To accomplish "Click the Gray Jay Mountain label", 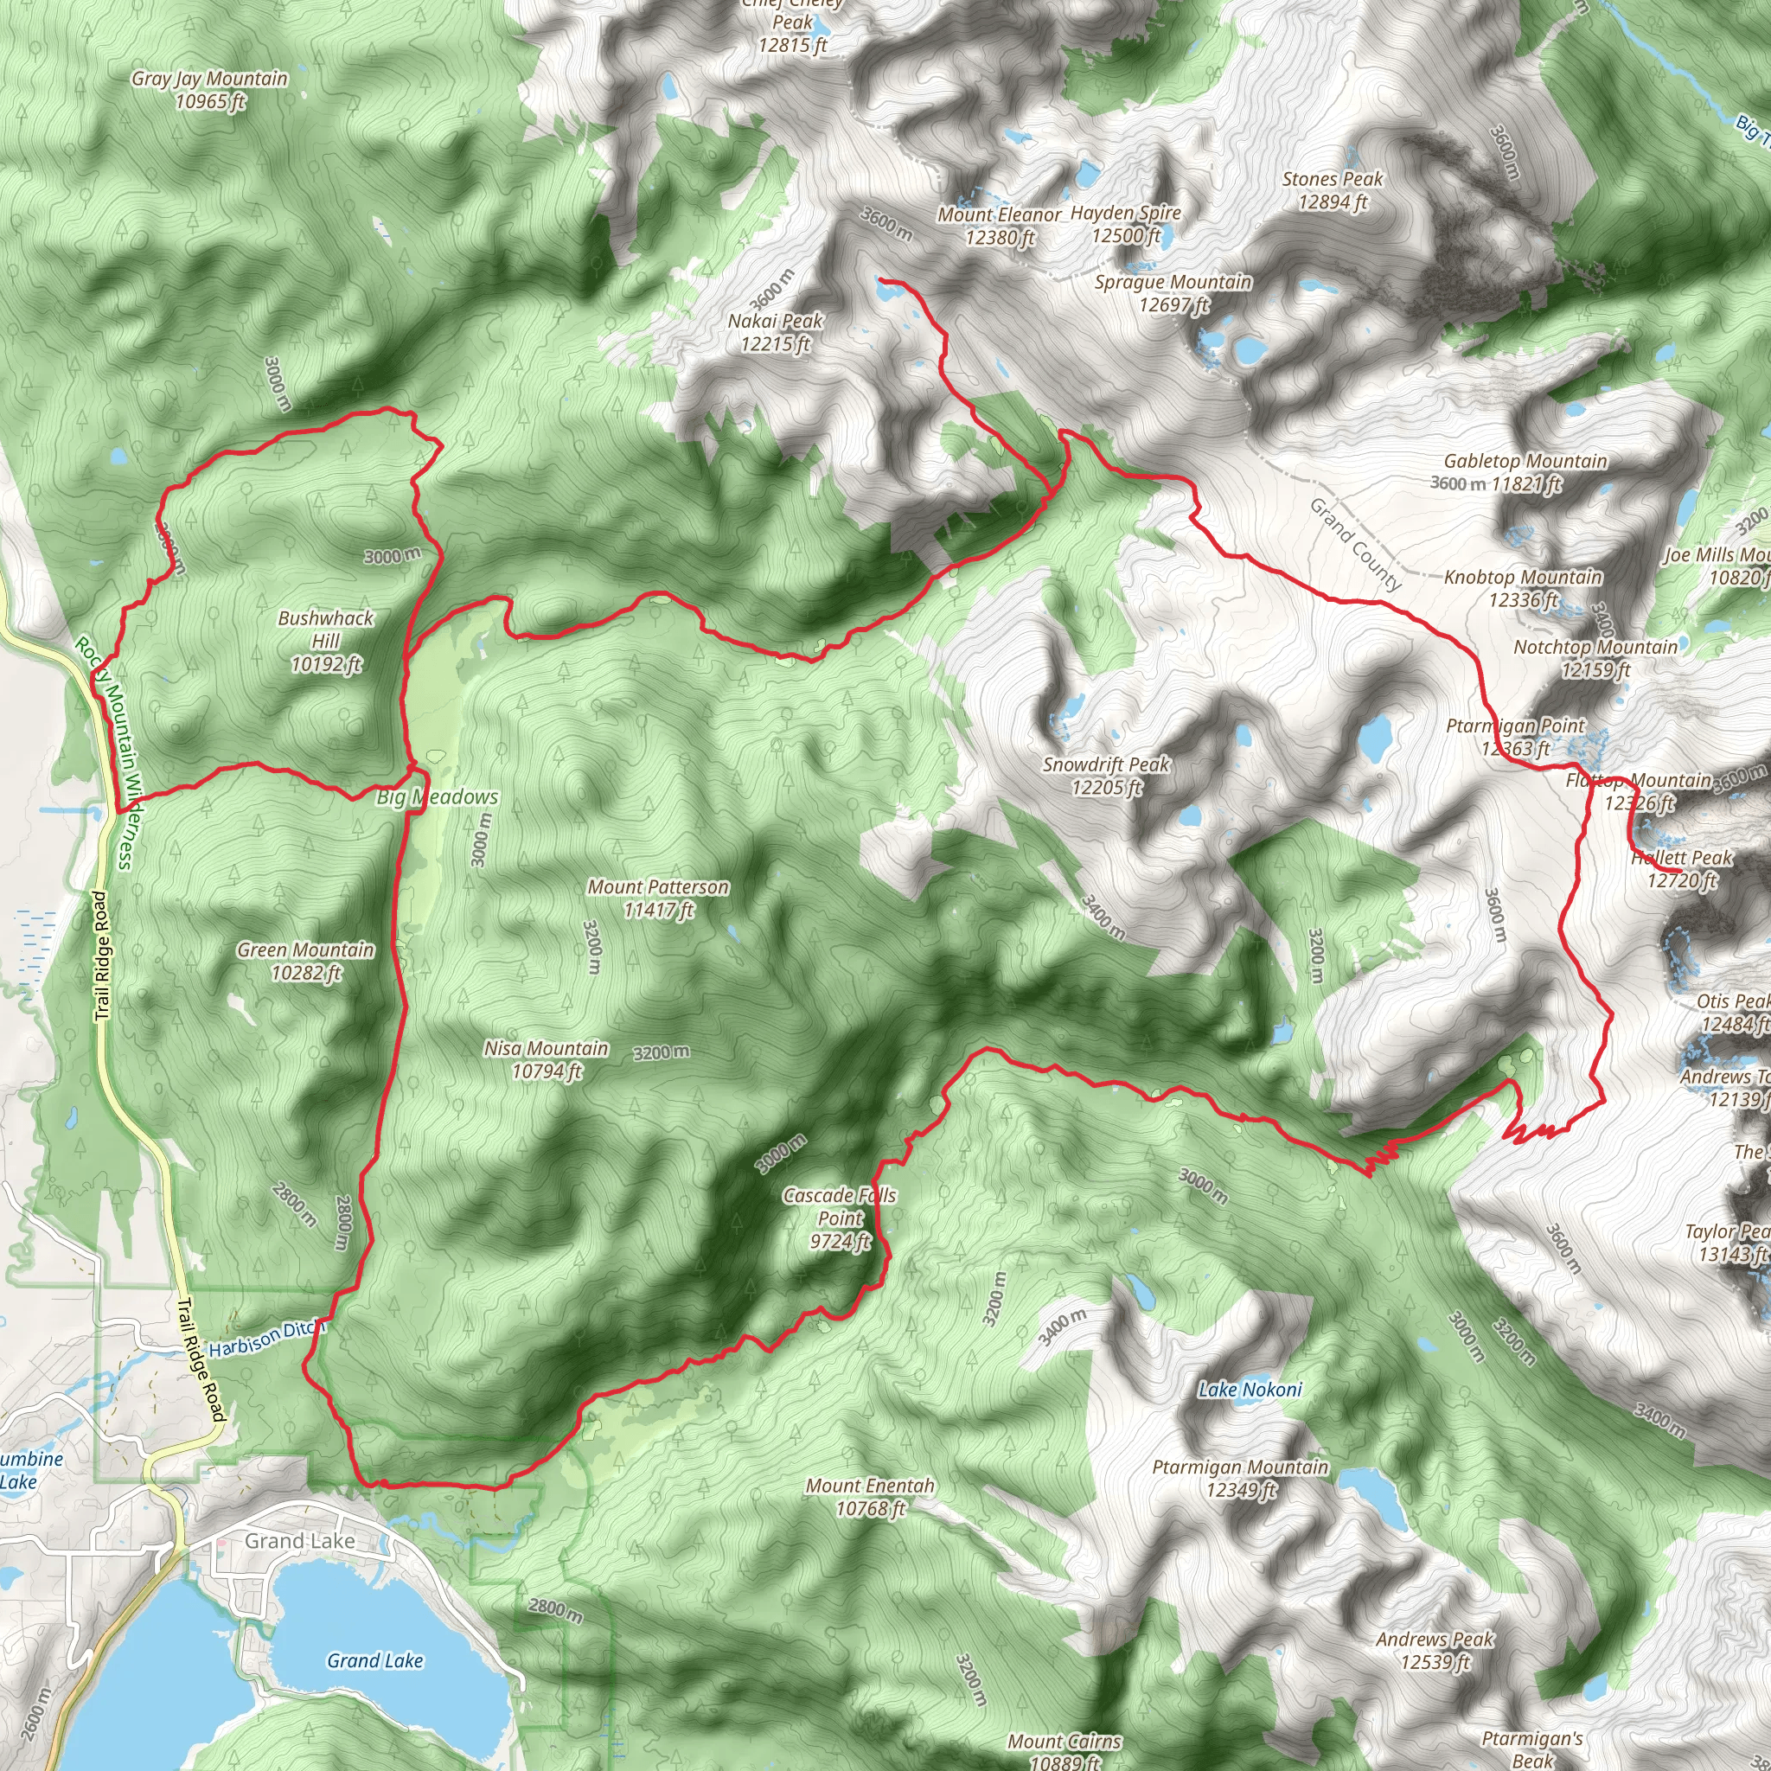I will click(209, 90).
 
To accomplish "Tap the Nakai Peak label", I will click(776, 333).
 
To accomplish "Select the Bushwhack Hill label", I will click(325, 641).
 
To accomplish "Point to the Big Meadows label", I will click(438, 797).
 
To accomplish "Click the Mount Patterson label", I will click(658, 898).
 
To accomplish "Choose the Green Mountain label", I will click(305, 962).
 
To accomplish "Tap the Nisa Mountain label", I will click(547, 1059).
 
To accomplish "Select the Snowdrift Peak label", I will click(1106, 776).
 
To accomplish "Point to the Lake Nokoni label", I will click(1250, 1390).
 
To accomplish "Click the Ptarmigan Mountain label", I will click(1240, 1479).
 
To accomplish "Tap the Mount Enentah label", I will click(870, 1497).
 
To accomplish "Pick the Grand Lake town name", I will click(300, 1541).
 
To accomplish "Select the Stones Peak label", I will click(1332, 190).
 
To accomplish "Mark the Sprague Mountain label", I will click(1173, 293).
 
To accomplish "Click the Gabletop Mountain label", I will click(1525, 472).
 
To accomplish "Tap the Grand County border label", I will click(1356, 544).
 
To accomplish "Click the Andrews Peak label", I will click(1435, 1650).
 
